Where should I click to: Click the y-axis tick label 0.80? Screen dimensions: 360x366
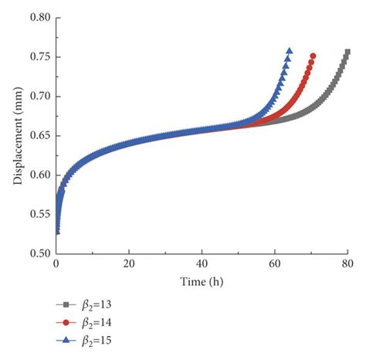(x=38, y=18)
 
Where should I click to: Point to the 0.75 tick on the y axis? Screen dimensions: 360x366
(x=38, y=57)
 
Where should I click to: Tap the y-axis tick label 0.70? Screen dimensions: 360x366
(x=38, y=97)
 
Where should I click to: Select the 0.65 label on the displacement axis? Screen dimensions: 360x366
(x=38, y=136)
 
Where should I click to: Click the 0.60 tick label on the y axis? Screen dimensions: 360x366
(x=38, y=175)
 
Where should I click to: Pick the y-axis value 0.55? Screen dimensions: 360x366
(x=38, y=214)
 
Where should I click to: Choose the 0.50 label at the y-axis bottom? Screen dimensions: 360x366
(x=38, y=253)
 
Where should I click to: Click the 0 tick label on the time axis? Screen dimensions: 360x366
(x=56, y=263)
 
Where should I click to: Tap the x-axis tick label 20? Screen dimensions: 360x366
(x=129, y=263)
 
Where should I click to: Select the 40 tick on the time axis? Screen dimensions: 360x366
(x=202, y=263)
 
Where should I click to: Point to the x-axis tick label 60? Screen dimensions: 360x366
(x=275, y=263)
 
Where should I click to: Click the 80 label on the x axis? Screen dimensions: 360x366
(x=347, y=263)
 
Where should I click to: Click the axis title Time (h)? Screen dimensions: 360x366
(x=202, y=279)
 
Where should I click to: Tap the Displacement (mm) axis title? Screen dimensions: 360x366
(x=16, y=136)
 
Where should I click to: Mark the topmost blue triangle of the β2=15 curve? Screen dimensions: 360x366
(x=290, y=51)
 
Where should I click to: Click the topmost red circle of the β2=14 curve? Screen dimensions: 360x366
(x=313, y=56)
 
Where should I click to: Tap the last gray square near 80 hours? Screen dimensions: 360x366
(x=347, y=53)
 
